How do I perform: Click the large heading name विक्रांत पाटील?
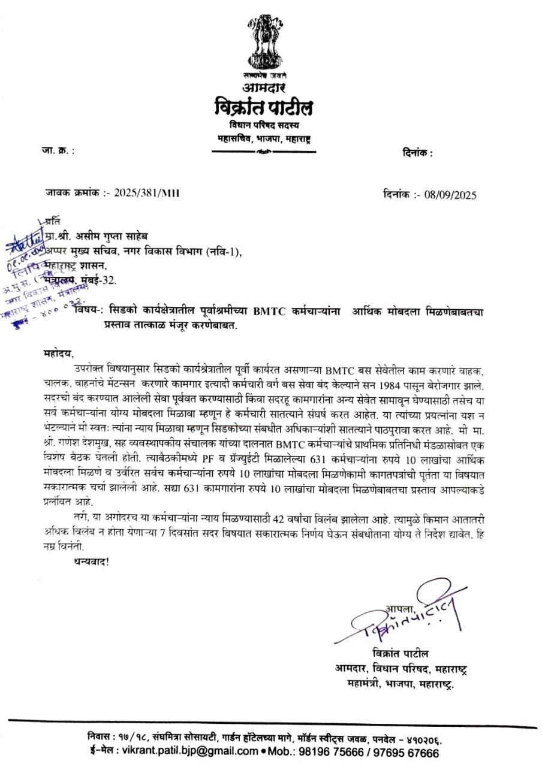(x=263, y=108)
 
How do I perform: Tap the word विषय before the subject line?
(x=87, y=310)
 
